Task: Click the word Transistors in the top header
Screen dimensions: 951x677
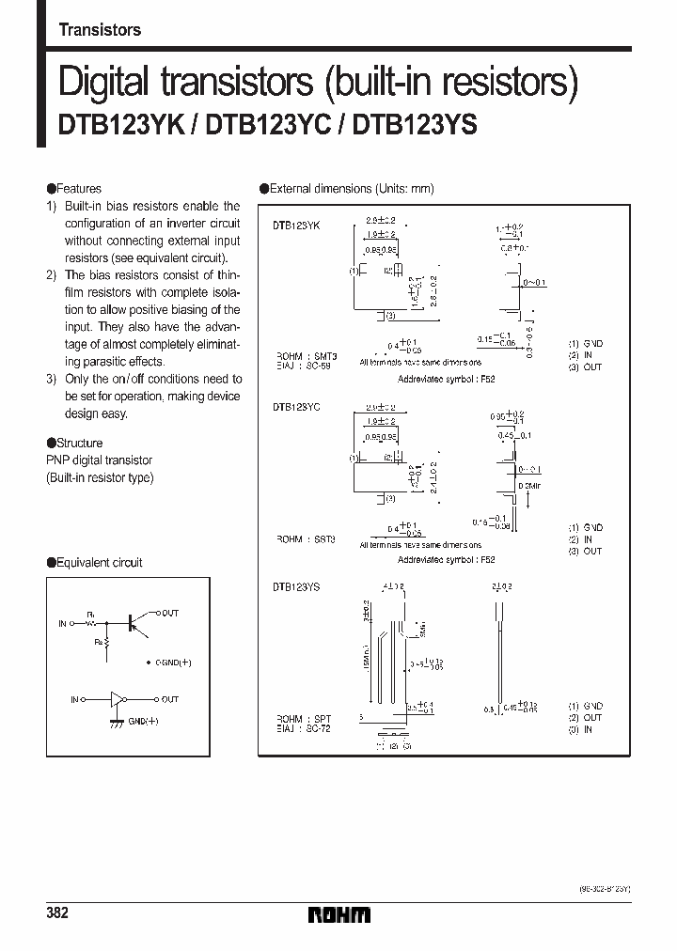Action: click(x=100, y=30)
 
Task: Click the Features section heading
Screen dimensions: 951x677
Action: click(x=77, y=189)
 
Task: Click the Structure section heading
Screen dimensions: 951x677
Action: click(x=78, y=443)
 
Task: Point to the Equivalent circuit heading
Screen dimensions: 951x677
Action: click(x=98, y=563)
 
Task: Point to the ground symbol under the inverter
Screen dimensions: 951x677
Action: click(x=117, y=723)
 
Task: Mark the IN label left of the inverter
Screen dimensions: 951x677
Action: click(x=75, y=699)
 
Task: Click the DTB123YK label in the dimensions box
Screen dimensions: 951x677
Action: click(x=297, y=226)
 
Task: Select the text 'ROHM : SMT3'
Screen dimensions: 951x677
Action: click(x=306, y=356)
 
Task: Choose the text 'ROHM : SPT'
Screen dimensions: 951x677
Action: click(x=303, y=718)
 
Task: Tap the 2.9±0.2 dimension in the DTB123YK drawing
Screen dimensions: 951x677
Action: click(x=380, y=220)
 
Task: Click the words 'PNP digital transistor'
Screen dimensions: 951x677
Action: click(x=99, y=460)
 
